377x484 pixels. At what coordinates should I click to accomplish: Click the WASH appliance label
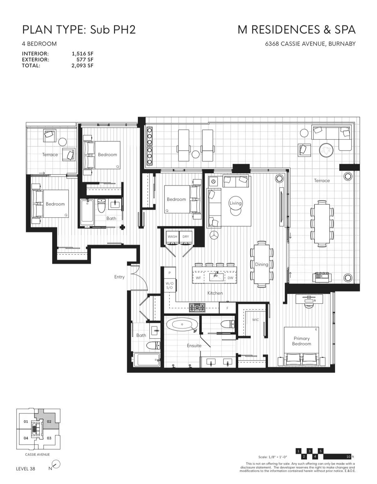coord(172,237)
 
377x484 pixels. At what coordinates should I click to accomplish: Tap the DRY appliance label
coord(185,237)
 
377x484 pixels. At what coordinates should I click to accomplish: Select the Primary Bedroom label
coord(302,341)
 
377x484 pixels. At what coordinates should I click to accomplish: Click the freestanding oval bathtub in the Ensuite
coord(182,325)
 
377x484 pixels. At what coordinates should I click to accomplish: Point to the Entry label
coord(119,277)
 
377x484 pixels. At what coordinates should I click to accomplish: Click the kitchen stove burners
coord(197,308)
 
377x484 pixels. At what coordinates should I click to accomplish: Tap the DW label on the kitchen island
coord(230,278)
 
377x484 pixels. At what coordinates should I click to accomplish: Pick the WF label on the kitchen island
coord(198,278)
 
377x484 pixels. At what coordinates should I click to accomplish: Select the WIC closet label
coord(255,320)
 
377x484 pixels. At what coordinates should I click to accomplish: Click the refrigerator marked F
coord(227,308)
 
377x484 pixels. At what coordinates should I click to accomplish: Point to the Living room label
coord(235,203)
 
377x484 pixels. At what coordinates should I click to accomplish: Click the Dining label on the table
coord(262,265)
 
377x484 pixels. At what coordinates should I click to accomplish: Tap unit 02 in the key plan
coord(49,422)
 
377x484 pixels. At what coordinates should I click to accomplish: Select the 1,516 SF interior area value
coord(83,54)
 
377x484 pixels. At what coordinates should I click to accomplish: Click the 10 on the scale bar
coord(349,456)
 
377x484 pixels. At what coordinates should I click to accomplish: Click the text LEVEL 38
coord(26,469)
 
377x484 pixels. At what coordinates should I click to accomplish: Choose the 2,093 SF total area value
coord(83,65)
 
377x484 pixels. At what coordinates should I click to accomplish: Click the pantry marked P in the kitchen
coord(170,273)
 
